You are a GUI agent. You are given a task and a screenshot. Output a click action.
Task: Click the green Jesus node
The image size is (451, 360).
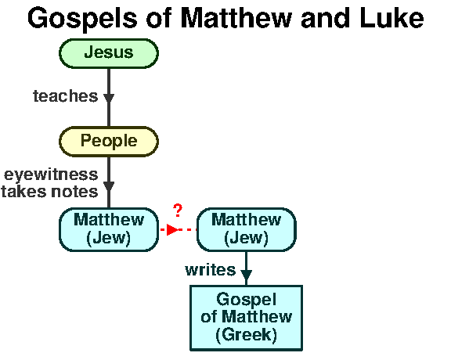pos(109,53)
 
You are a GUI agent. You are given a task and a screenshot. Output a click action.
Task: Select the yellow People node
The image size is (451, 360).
pos(109,142)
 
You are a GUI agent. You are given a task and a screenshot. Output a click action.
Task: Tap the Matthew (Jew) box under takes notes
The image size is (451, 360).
pos(109,229)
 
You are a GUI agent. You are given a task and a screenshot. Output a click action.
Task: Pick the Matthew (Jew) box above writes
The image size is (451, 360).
pos(247,229)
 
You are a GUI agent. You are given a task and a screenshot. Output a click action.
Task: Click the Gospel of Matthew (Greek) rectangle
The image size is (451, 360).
pos(246,318)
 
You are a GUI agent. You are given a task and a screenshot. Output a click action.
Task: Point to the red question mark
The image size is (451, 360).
pos(178,211)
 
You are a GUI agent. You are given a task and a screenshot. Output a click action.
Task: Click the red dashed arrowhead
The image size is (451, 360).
pos(172,230)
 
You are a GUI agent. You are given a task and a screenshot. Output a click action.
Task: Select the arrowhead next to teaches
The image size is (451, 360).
pos(109,99)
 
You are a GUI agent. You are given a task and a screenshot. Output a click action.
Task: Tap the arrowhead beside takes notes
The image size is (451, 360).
pos(109,186)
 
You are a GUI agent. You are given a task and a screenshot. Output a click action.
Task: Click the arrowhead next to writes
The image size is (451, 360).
pos(246,275)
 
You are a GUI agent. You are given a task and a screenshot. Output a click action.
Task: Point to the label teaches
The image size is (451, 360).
pos(66,96)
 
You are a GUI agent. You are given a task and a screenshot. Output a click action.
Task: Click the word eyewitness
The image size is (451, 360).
pos(51,175)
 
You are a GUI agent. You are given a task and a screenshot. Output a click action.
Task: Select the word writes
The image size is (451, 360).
pos(211,270)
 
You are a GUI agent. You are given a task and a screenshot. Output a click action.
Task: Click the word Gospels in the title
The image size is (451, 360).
pos(82,19)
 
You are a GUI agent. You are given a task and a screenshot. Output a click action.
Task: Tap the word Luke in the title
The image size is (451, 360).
pos(391,18)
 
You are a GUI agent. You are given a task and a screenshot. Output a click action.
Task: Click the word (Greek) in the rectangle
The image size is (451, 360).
pos(247,335)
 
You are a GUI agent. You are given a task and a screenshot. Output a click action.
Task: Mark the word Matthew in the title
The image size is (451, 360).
pos(236,18)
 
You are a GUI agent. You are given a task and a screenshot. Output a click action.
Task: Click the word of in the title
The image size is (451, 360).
pos(159,18)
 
